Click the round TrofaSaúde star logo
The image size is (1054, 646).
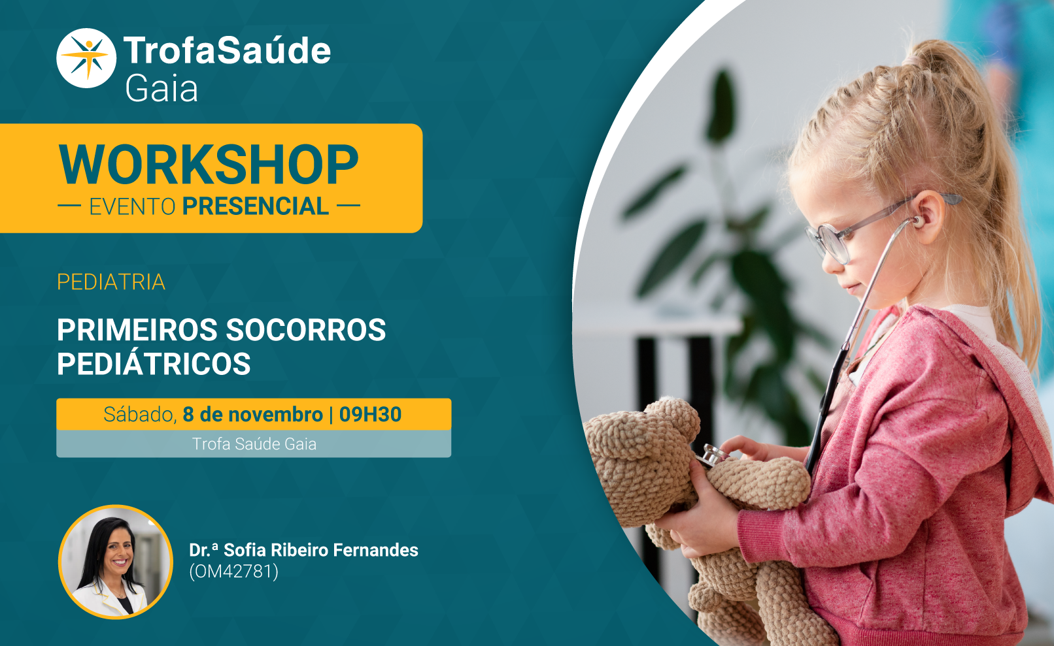(86, 58)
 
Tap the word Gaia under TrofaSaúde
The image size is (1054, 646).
(161, 89)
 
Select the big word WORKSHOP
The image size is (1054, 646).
(209, 165)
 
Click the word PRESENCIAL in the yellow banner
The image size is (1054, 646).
(256, 206)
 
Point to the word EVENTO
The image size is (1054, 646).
(132, 207)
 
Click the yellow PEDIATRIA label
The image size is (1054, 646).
(111, 282)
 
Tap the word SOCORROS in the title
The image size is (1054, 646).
(306, 330)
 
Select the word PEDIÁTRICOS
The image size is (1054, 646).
(154, 364)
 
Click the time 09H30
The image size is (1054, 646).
(370, 414)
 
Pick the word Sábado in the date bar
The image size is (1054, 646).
(140, 415)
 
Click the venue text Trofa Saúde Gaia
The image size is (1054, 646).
(254, 444)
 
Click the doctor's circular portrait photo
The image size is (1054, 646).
(116, 562)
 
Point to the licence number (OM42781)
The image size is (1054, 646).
(234, 572)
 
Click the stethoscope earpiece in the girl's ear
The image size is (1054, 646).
(917, 220)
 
